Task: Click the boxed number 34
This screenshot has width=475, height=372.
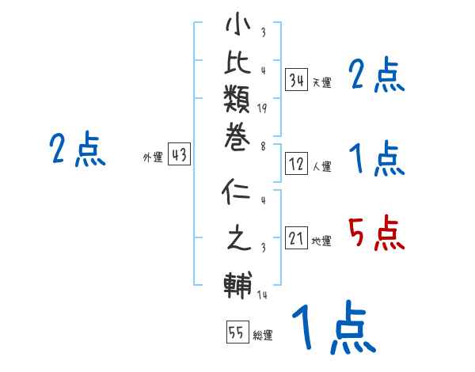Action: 297,80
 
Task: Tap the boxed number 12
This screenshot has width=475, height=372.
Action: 297,165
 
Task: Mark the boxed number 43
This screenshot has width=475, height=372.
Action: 179,156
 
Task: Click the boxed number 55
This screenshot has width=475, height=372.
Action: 237,333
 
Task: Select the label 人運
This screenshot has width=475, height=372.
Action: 321,167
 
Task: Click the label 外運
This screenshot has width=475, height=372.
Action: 153,158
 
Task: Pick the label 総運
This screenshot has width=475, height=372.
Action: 263,336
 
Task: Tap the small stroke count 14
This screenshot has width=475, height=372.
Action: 262,296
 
